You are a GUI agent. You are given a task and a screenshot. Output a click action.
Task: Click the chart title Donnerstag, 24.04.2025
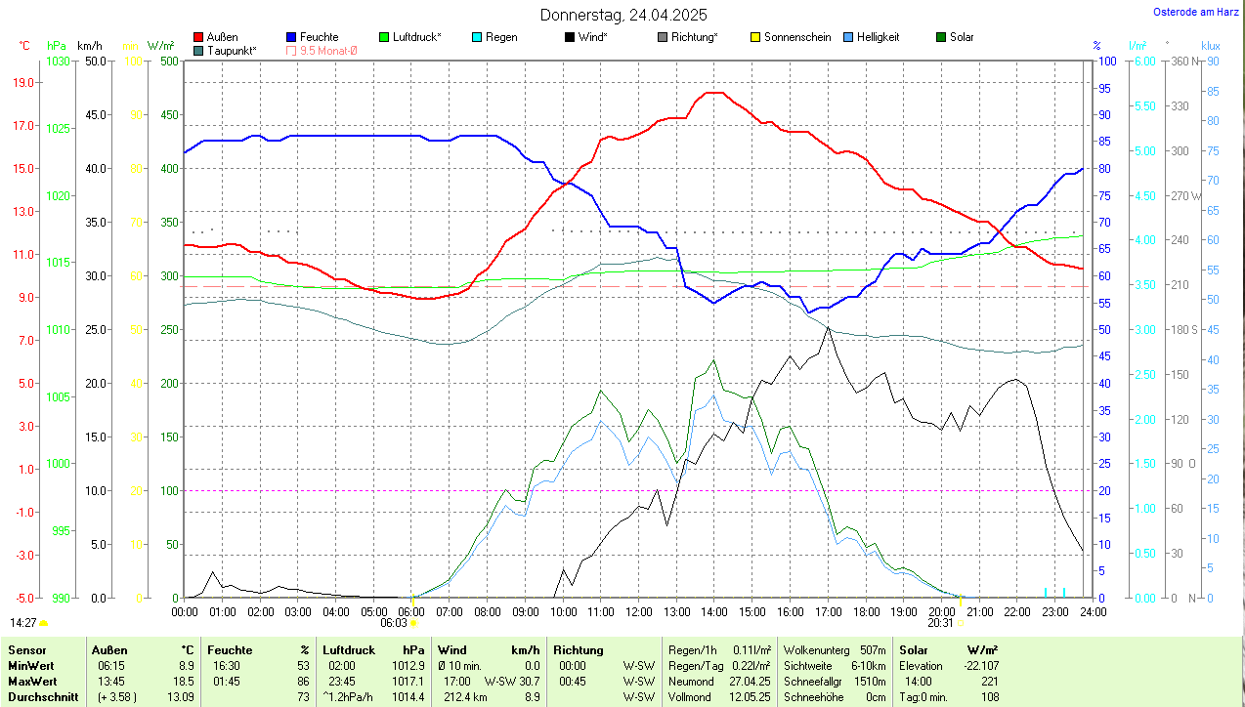click(x=623, y=15)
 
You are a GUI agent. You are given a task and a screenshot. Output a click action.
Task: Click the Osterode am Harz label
click(x=1196, y=12)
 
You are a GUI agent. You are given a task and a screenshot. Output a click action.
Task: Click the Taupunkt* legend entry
click(x=232, y=50)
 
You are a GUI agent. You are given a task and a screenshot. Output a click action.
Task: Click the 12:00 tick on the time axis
click(x=638, y=612)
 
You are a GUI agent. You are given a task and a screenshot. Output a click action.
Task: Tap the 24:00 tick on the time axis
click(x=1093, y=612)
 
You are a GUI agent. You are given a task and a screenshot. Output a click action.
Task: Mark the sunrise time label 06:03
click(x=393, y=623)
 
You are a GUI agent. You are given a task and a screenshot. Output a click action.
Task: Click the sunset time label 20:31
click(x=940, y=623)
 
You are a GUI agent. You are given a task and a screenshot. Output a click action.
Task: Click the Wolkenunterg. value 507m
click(x=873, y=649)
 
